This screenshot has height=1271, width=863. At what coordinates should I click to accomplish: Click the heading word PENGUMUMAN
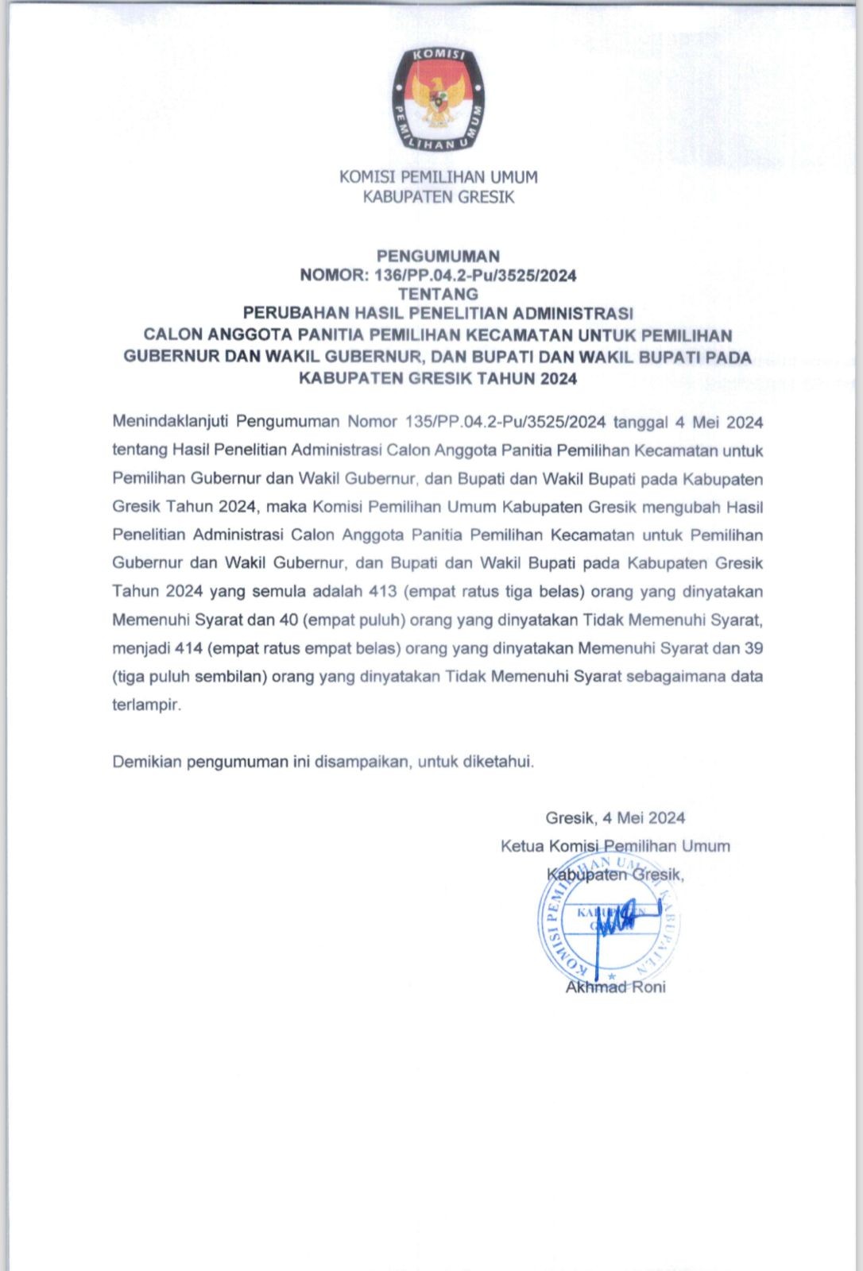[438, 256]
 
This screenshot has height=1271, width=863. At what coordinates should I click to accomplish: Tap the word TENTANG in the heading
[438, 294]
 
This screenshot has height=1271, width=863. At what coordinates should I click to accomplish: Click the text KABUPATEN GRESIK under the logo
[438, 197]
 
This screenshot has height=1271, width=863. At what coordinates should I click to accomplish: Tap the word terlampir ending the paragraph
[146, 705]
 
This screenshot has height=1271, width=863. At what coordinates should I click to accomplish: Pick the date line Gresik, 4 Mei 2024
[615, 817]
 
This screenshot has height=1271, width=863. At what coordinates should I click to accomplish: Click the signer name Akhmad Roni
[615, 987]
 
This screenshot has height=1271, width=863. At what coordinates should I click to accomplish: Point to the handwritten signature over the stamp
[617, 921]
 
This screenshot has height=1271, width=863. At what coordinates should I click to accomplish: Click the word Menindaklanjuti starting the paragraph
[170, 422]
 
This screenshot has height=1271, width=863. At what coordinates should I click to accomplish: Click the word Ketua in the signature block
[521, 846]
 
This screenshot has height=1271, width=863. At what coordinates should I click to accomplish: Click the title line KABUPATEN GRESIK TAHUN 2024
[438, 378]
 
